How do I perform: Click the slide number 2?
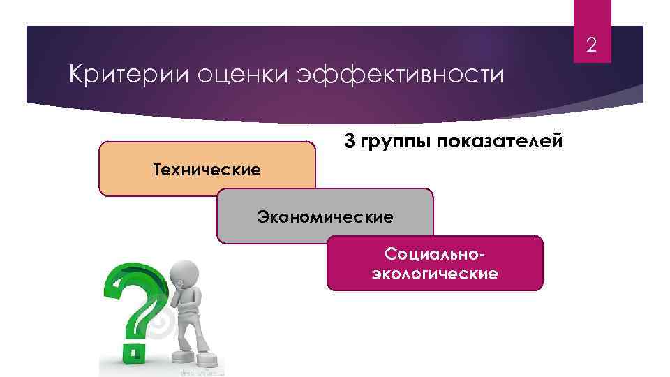click(x=591, y=47)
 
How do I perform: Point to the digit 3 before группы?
click(x=349, y=141)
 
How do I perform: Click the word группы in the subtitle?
click(x=392, y=142)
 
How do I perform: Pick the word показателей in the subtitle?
click(x=498, y=142)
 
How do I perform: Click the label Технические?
click(x=207, y=170)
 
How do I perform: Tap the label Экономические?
click(x=325, y=216)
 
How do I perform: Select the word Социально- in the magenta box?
click(x=435, y=253)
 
